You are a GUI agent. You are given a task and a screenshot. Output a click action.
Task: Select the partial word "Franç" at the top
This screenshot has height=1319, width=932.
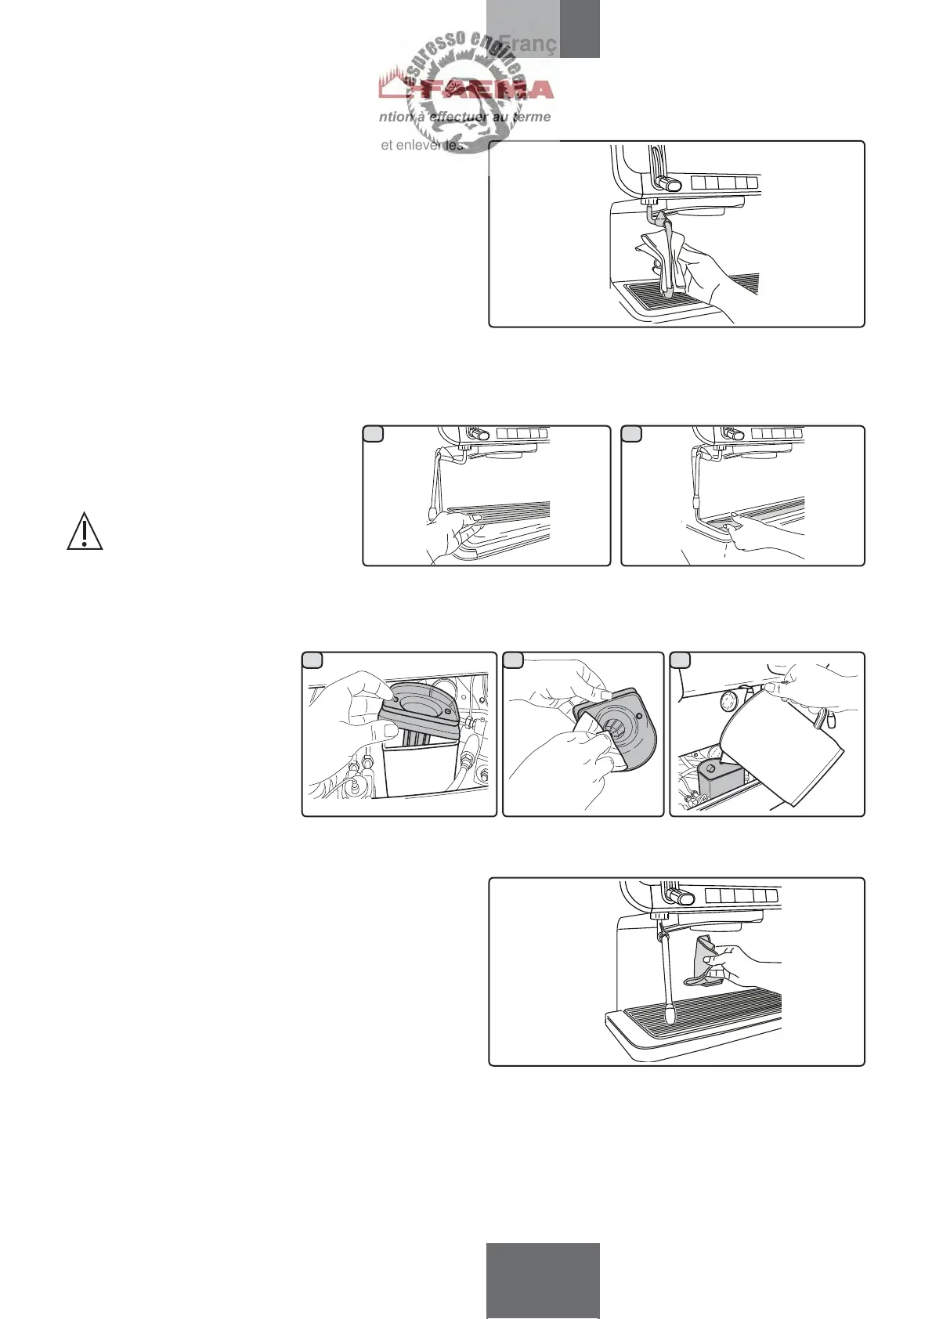click(x=527, y=44)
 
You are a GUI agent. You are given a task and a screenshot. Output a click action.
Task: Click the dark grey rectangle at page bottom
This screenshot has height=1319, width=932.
click(x=543, y=1280)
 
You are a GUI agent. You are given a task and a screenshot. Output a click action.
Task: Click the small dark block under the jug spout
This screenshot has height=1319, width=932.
click(x=716, y=775)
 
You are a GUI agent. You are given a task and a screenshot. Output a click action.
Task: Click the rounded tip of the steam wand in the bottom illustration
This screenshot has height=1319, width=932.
click(x=672, y=1017)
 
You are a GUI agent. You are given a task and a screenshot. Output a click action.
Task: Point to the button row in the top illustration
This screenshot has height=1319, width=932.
click(x=724, y=183)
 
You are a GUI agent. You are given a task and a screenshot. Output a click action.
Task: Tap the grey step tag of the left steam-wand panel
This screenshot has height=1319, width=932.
click(x=374, y=433)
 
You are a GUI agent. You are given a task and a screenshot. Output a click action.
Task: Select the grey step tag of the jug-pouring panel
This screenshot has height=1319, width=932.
click(x=681, y=659)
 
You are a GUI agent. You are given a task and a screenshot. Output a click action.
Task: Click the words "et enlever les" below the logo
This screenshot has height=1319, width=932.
click(x=421, y=145)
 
